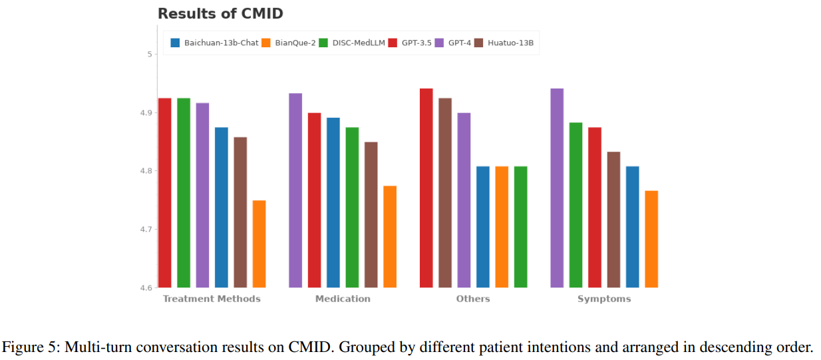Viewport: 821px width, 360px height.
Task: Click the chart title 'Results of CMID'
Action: tap(220, 13)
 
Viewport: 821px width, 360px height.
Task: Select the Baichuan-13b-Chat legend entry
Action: tap(214, 43)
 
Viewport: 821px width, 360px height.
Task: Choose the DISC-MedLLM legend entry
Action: tap(352, 43)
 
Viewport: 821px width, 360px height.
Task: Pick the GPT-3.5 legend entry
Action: tap(410, 43)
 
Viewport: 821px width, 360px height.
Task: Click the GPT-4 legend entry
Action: tap(453, 43)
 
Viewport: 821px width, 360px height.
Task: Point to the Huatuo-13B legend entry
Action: tap(504, 43)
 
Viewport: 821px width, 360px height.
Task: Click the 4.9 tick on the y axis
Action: tap(145, 113)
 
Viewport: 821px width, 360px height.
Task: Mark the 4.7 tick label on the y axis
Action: tap(145, 230)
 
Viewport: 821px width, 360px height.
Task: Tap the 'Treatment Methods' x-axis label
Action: tap(212, 299)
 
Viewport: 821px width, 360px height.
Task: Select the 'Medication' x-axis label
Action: tap(343, 299)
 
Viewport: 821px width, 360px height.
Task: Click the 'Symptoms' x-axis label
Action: tap(604, 299)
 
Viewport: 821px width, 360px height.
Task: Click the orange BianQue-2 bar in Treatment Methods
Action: tap(259, 244)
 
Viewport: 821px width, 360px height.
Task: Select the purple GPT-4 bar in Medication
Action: tap(295, 190)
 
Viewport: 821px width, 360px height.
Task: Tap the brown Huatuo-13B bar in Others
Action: tap(445, 193)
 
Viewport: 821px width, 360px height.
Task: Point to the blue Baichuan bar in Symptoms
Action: tap(633, 227)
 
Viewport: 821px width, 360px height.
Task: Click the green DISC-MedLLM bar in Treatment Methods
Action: tap(184, 193)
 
